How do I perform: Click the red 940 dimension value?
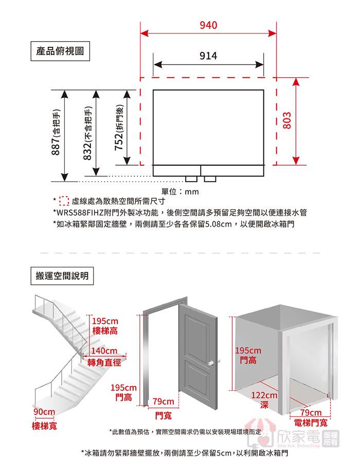(x=208, y=25)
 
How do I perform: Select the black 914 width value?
(x=208, y=56)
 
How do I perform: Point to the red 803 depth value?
(x=287, y=120)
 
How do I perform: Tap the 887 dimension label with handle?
(x=56, y=132)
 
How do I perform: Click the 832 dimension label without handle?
(x=87, y=133)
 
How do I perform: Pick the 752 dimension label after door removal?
(x=119, y=127)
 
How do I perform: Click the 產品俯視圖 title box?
(x=60, y=51)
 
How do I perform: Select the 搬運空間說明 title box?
(x=62, y=276)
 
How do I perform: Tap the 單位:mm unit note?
(x=180, y=192)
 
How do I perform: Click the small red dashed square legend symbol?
(x=64, y=201)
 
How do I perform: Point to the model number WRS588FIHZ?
(x=80, y=213)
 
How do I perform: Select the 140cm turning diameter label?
(x=104, y=351)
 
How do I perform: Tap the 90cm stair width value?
(x=44, y=412)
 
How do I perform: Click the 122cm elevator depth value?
(x=264, y=395)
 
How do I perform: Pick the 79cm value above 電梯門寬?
(x=311, y=412)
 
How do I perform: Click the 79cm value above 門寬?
(x=163, y=402)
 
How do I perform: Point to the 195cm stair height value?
(x=105, y=321)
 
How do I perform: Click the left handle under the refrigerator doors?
(x=191, y=179)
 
